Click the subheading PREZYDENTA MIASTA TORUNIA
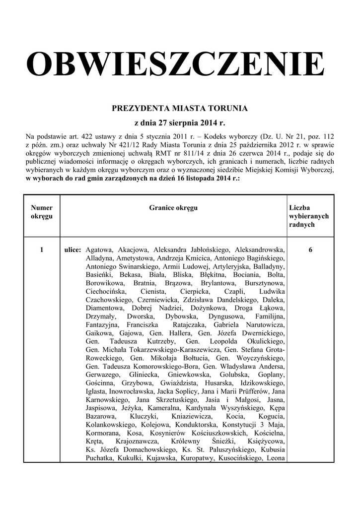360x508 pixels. (x=180, y=108)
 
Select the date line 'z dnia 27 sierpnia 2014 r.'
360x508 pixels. (x=180, y=122)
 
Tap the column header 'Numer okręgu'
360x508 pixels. (x=42, y=212)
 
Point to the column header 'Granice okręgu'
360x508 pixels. (x=173, y=208)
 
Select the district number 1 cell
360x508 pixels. (x=42, y=250)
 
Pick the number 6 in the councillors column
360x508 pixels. (x=310, y=250)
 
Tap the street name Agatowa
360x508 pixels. (x=99, y=250)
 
